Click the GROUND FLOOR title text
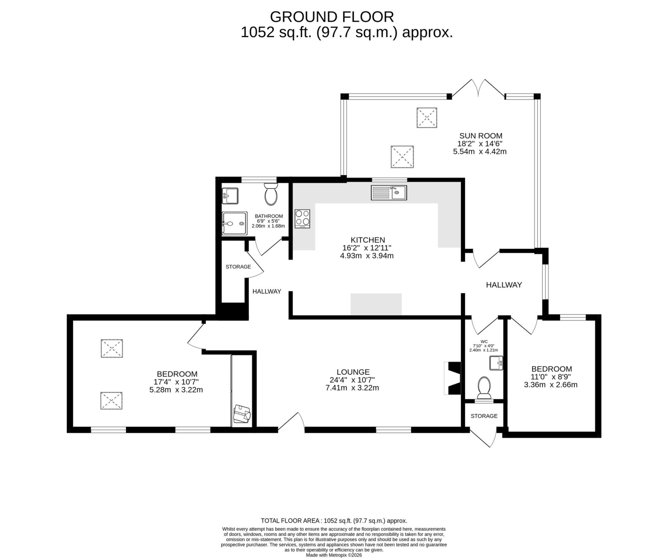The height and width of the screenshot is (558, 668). click(332, 17)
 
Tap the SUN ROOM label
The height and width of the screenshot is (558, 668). click(481, 136)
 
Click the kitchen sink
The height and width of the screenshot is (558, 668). click(388, 193)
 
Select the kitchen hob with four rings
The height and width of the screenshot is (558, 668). click(302, 218)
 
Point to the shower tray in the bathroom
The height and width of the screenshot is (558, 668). click(234, 223)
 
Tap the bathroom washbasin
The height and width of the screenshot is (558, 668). click(230, 196)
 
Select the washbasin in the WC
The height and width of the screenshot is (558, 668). click(496, 363)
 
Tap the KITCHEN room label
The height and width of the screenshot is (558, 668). click(368, 240)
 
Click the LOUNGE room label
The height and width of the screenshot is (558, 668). click(353, 372)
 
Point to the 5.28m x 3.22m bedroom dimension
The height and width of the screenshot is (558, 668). click(176, 390)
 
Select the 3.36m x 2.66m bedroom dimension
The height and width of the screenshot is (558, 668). click(551, 385)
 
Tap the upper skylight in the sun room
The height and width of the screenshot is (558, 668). click(427, 118)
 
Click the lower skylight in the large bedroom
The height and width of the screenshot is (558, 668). click(112, 401)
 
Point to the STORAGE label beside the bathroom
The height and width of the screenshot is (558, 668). click(238, 267)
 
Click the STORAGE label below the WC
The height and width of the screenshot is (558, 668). click(484, 416)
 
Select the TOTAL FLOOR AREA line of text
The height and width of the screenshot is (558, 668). click(334, 521)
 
